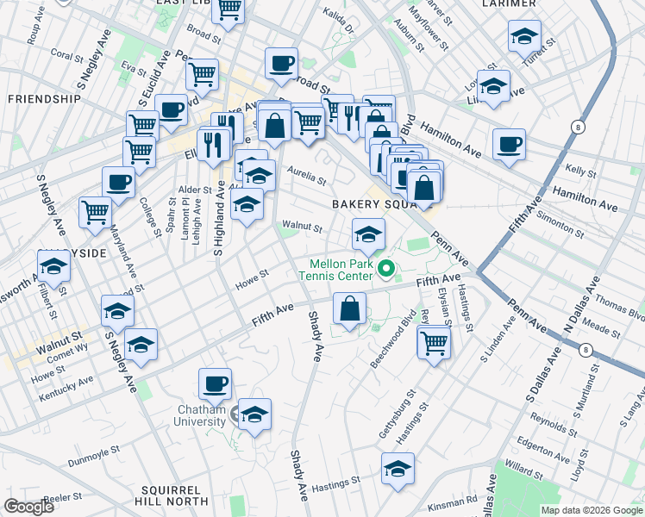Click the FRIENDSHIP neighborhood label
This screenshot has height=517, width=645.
point(43,99)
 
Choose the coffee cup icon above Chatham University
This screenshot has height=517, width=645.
point(215,383)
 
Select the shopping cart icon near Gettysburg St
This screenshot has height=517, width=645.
point(434,343)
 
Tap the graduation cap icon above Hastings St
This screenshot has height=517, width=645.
point(398,469)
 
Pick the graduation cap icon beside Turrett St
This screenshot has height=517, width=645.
point(524,36)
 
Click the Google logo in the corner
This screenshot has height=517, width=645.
point(28,507)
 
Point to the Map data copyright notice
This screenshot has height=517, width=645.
point(592,510)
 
